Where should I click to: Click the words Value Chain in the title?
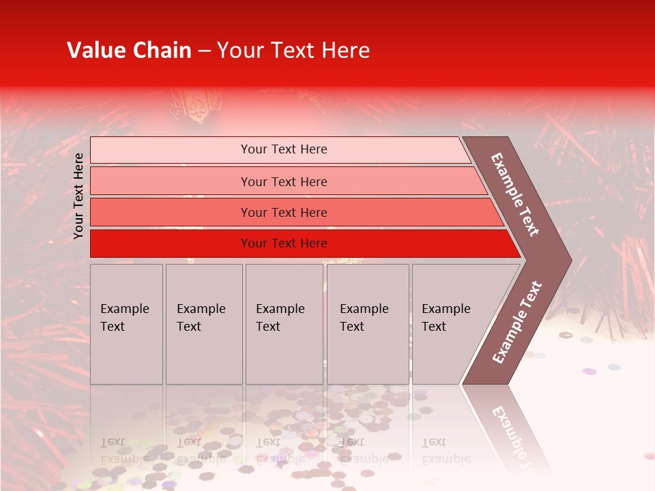tap(129, 50)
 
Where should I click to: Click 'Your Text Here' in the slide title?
tap(293, 50)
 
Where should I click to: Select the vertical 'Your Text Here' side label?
tap(78, 196)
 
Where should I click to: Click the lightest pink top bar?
tap(171, 150)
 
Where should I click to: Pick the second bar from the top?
tap(171, 181)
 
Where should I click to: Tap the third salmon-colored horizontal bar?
tap(171, 212)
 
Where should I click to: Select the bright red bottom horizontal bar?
tap(171, 243)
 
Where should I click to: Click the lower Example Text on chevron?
tap(517, 322)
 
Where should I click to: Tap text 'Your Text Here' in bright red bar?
tap(284, 243)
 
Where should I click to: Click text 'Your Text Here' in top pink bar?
tap(284, 149)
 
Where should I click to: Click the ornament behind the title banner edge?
tap(194, 106)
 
